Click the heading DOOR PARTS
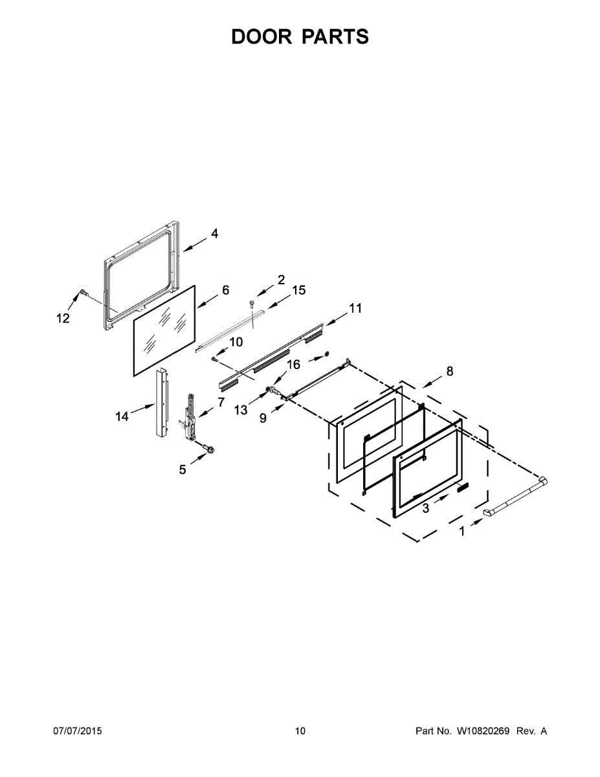click(300, 37)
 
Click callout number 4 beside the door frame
click(214, 234)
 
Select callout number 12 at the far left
click(63, 318)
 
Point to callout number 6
click(225, 291)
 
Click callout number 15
click(298, 290)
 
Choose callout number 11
click(355, 309)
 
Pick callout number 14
click(122, 417)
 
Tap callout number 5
click(183, 469)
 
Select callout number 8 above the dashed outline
click(449, 372)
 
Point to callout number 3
click(425, 509)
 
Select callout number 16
click(293, 365)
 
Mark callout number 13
click(241, 410)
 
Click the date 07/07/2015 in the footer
click(77, 731)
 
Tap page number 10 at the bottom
click(300, 731)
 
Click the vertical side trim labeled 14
click(160, 403)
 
